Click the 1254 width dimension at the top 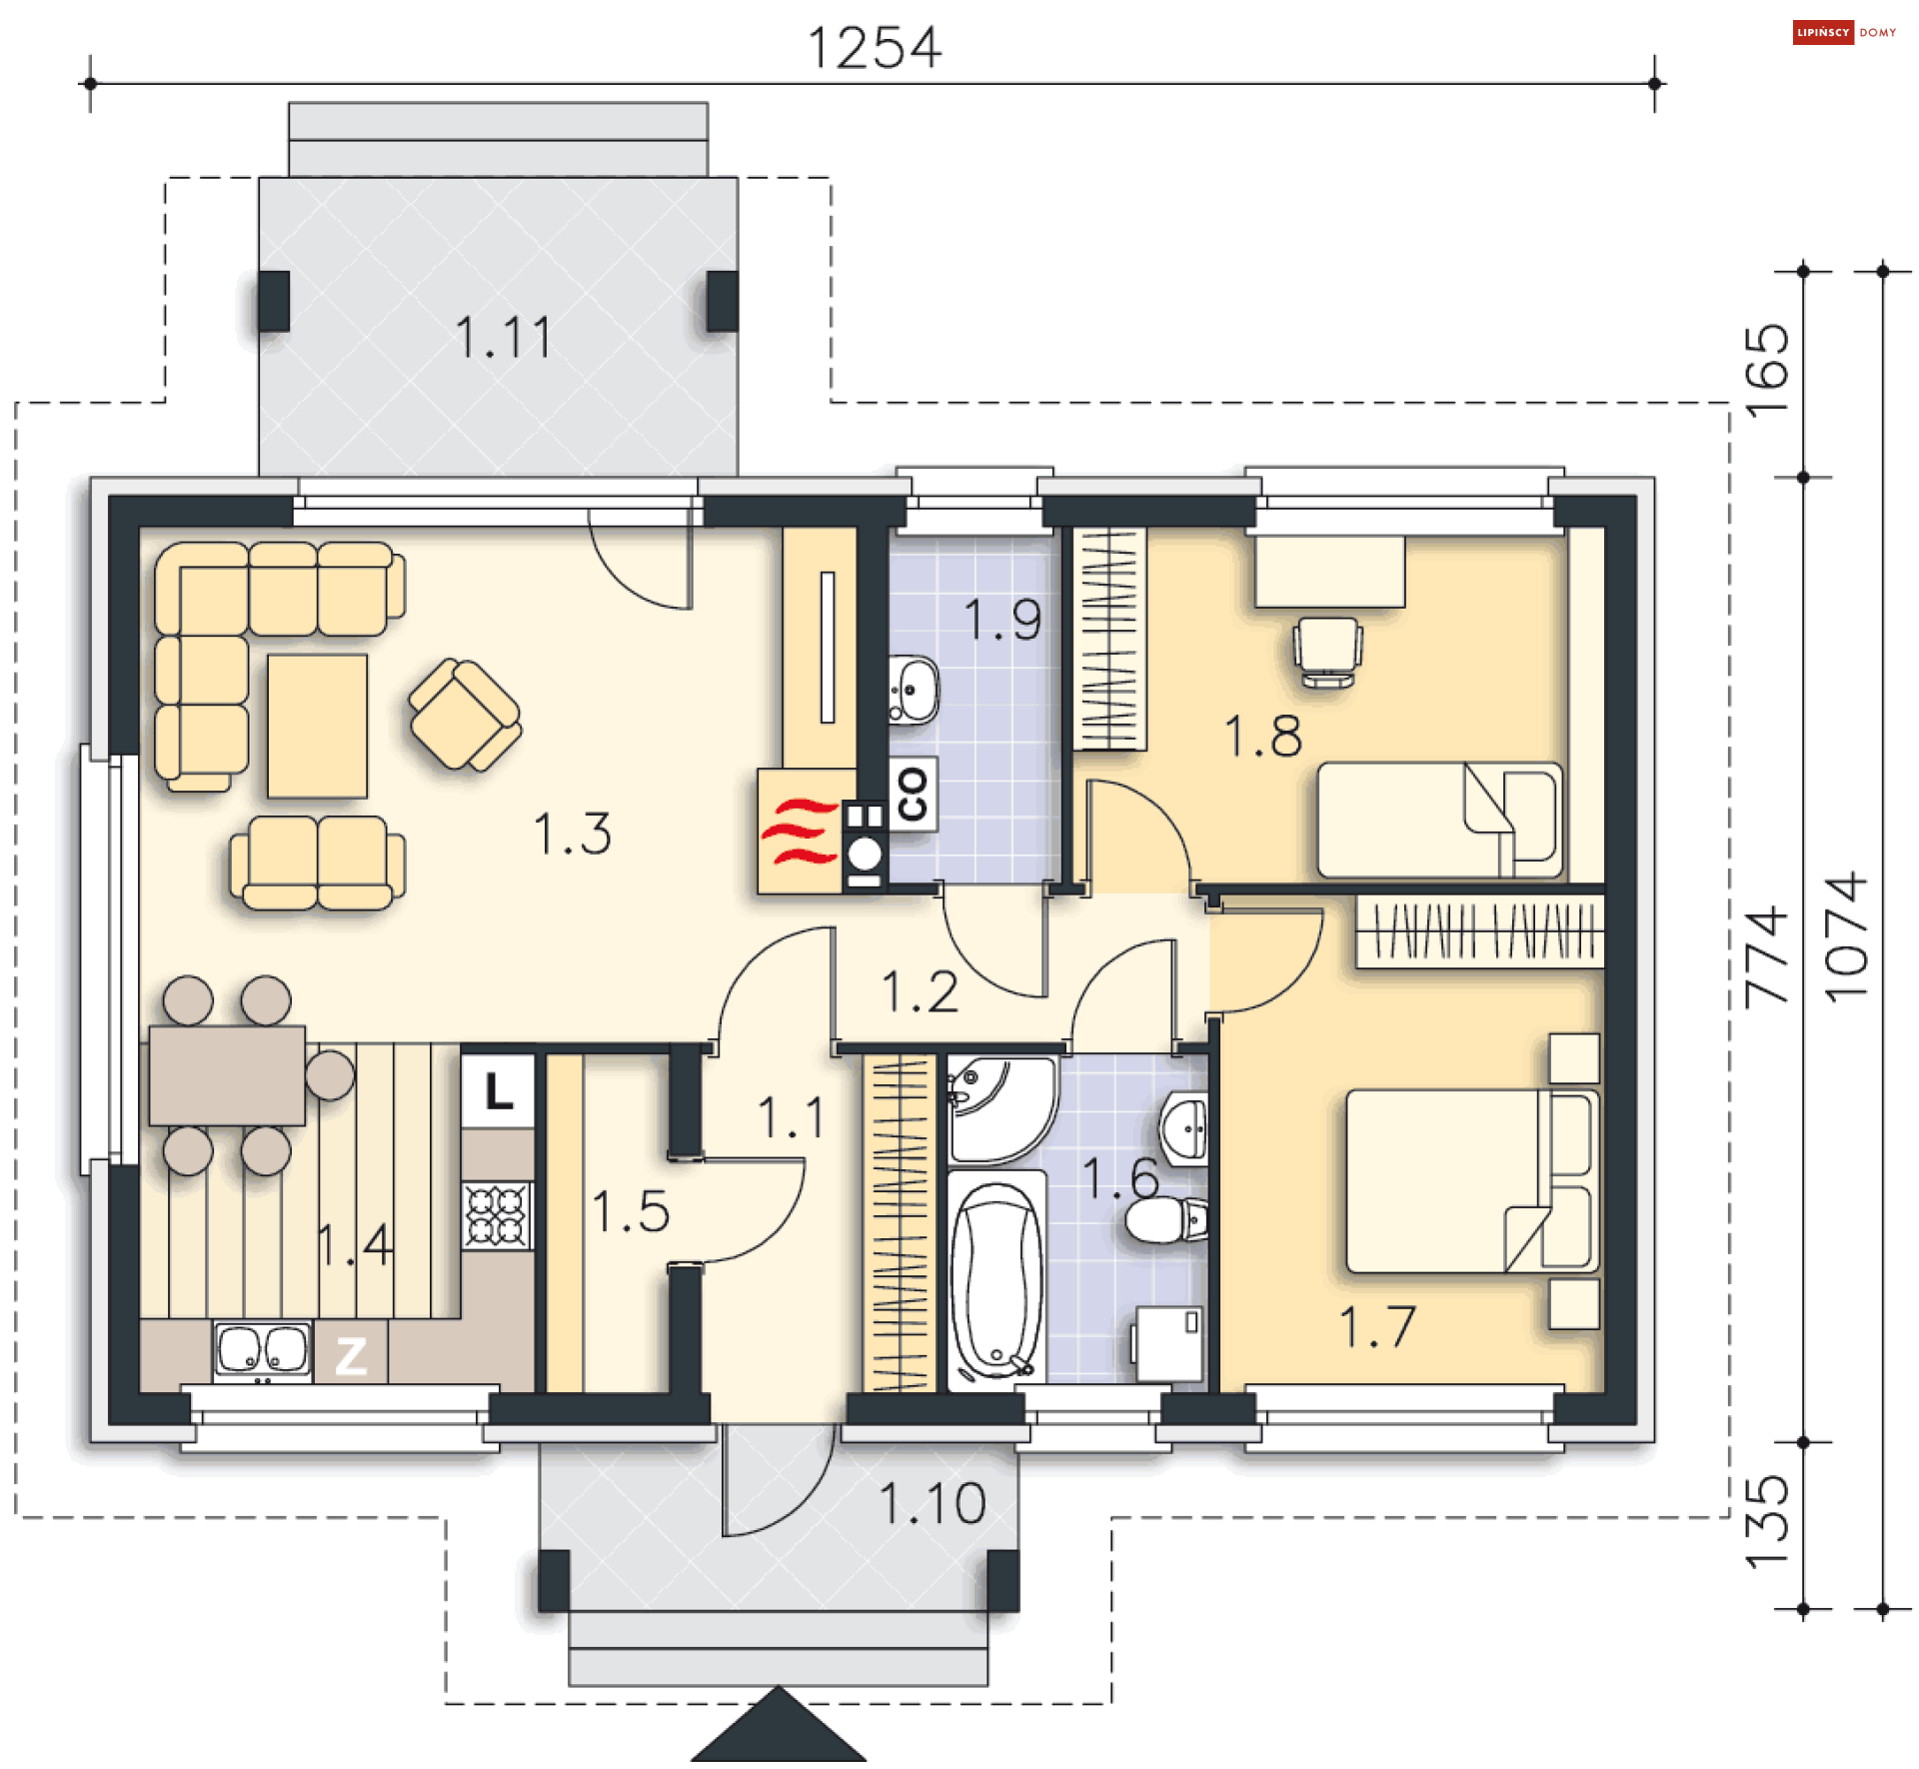(x=875, y=48)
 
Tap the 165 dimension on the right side (x=1766, y=371)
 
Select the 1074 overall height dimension (x=1846, y=937)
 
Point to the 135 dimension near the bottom (x=1766, y=1521)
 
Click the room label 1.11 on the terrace (x=503, y=337)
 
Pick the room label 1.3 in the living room (x=573, y=834)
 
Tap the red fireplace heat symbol (x=800, y=831)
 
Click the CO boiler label (x=913, y=795)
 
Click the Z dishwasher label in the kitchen (x=351, y=1356)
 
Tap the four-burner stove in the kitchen (x=497, y=1215)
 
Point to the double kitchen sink (x=263, y=1350)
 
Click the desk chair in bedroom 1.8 (x=1327, y=652)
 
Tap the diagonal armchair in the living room (x=465, y=715)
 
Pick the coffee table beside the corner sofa (x=317, y=727)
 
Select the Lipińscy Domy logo (x=1844, y=32)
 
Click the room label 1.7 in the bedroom (x=1377, y=1327)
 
